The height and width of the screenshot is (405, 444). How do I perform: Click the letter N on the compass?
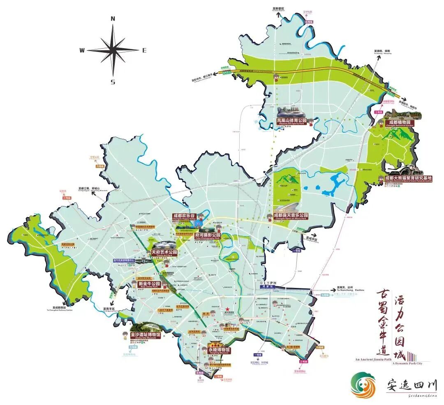pos(113,19)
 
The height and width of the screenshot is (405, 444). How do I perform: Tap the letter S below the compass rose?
pos(113,82)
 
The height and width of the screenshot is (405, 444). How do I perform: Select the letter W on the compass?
pos(82,50)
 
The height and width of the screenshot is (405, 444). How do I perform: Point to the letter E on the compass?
pos(144,50)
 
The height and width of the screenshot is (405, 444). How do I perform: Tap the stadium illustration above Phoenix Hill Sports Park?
pos(291,112)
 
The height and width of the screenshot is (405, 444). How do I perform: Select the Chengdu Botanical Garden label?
pos(399,123)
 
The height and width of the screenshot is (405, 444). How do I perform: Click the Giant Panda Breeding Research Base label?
pos(408,179)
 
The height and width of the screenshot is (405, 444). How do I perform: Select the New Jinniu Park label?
pos(149,284)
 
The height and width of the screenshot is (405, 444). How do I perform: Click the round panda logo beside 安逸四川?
pos(363,385)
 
